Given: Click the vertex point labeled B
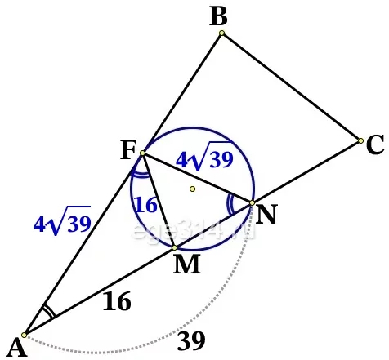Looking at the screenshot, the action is [221, 33].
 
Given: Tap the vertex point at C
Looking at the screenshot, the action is [360, 140].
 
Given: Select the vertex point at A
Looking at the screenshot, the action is [24, 335].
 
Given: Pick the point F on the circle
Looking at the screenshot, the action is [142, 153].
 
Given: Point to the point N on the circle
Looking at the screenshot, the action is [252, 202].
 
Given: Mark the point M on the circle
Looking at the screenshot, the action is [175, 247].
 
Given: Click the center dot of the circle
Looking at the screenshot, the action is [193, 189].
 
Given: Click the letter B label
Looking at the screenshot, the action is [218, 17].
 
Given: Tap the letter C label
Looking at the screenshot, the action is [375, 144].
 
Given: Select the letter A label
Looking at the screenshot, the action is [16, 348].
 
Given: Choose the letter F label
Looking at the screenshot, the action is [127, 150].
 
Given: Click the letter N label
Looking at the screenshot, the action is [266, 215].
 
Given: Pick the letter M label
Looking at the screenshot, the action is [187, 264].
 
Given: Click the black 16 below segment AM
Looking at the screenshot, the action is [117, 301].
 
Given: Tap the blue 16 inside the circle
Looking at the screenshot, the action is [146, 204].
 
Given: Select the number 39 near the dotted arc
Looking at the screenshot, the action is [191, 340].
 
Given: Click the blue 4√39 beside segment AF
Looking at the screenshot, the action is [62, 220].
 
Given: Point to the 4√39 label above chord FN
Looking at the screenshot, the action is [204, 157].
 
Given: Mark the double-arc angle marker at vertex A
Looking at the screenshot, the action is [48, 311].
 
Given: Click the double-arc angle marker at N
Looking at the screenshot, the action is [230, 205].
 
